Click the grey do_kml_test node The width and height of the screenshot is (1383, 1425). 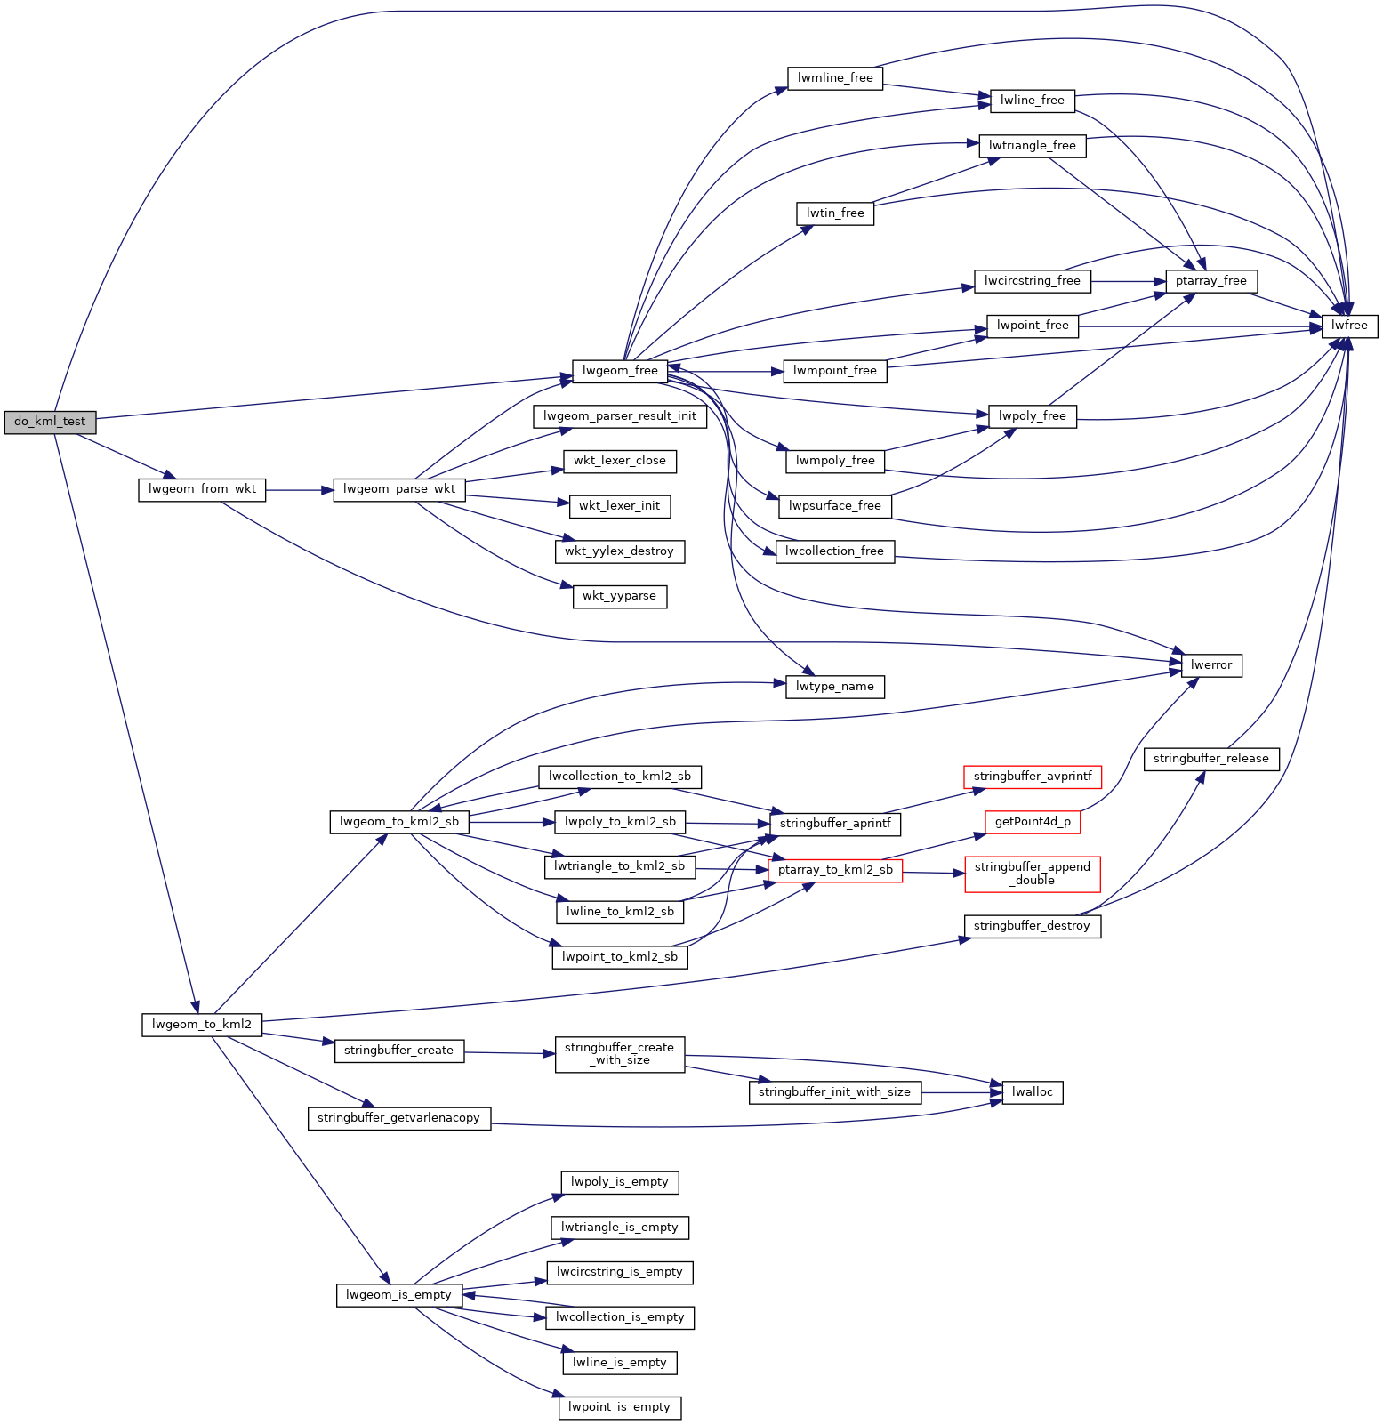point(50,423)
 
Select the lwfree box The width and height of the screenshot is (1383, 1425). point(1349,326)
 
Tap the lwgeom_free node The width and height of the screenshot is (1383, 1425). point(620,372)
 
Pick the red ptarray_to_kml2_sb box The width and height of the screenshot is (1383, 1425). point(835,871)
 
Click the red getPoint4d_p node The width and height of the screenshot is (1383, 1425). point(1033,823)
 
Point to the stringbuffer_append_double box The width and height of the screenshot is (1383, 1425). point(1032,874)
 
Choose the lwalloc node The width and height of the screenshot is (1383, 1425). point(1033,1092)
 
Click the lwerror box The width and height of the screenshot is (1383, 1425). point(1211,665)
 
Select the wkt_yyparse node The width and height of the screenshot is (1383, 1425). point(620,597)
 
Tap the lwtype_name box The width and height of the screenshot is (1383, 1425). point(835,688)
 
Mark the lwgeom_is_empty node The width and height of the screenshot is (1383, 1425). point(399,1295)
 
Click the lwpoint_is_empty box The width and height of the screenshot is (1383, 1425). point(620,1408)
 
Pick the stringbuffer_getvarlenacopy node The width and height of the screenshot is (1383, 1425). point(398,1119)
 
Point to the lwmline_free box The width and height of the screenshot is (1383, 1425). point(835,78)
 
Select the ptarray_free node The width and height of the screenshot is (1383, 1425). point(1211,282)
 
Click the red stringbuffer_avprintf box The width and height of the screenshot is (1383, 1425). point(1033,777)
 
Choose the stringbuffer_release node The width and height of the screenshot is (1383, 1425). point(1210,760)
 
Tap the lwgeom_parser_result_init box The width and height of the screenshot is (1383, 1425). point(620,416)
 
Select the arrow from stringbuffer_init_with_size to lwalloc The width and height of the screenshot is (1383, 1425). point(961,1092)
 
